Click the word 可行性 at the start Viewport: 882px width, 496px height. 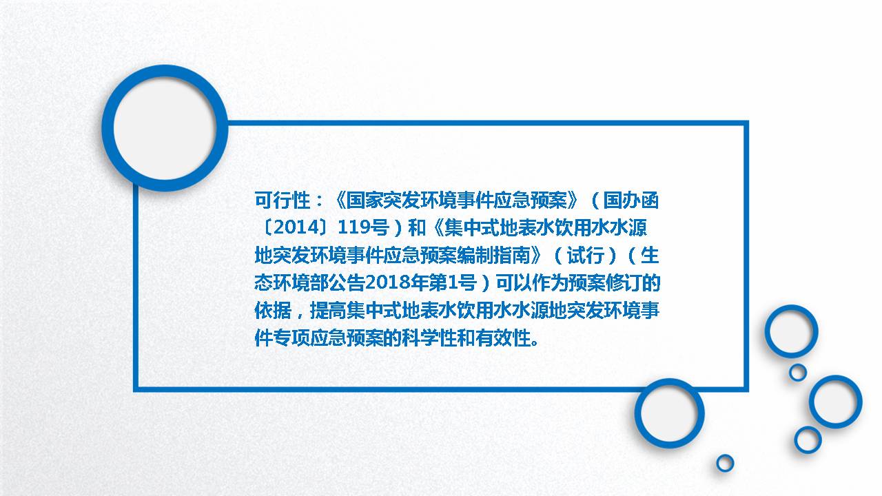283,200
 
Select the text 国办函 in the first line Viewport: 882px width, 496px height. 631,200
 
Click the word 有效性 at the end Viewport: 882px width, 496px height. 503,338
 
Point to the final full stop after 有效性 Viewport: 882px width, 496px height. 535,343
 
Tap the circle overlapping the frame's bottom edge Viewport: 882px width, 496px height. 669,382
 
